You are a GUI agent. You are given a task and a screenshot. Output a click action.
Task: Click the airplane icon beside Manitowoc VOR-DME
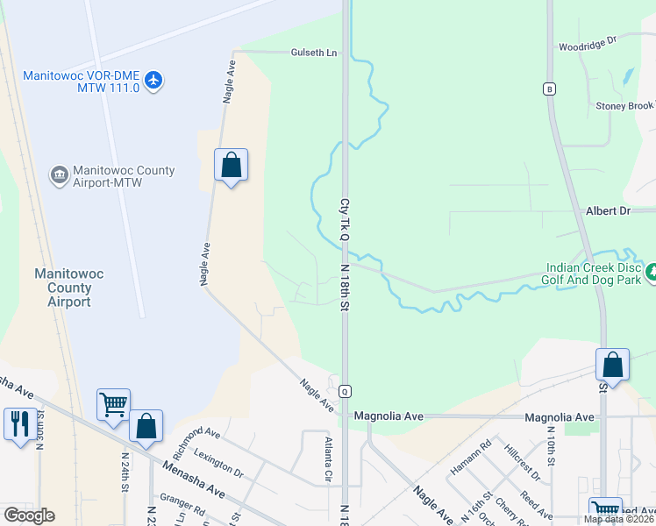tap(154, 81)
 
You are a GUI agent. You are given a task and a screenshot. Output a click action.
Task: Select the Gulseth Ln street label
tap(314, 53)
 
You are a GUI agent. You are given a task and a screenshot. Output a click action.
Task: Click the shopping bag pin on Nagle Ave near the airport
tap(231, 165)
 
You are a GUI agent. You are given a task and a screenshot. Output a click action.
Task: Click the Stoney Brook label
tap(624, 106)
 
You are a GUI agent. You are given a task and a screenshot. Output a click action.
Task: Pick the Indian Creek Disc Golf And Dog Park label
tap(595, 275)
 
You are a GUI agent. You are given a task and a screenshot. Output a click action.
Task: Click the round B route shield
tap(549, 89)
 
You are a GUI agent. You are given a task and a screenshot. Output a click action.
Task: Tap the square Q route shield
tap(346, 391)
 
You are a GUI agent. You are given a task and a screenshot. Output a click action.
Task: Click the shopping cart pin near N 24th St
tap(114, 405)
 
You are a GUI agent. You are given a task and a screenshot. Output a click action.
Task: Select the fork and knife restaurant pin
tap(18, 424)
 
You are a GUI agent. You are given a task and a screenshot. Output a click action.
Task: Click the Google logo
tap(29, 515)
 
